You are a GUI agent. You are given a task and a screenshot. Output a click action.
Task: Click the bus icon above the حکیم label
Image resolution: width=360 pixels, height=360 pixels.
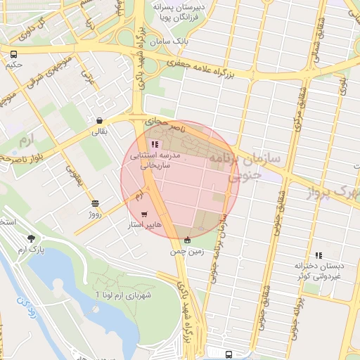click(13, 54)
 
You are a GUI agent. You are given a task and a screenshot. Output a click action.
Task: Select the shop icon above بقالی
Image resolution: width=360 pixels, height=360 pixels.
click(99, 120)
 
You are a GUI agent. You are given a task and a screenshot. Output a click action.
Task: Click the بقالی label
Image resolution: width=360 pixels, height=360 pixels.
click(98, 131)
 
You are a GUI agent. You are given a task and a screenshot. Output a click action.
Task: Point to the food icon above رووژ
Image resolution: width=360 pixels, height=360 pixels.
click(95, 203)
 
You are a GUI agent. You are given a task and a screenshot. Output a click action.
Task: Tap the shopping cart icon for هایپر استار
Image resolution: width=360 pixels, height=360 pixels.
click(144, 214)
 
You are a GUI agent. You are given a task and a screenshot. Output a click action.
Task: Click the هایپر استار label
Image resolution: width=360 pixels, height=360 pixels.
click(143, 225)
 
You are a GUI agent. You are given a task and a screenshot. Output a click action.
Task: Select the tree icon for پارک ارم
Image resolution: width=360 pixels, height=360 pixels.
click(30, 238)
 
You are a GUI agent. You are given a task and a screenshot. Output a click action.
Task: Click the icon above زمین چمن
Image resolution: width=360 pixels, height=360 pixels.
click(186, 240)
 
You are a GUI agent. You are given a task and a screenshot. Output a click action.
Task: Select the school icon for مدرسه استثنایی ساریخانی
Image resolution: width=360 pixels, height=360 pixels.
click(154, 143)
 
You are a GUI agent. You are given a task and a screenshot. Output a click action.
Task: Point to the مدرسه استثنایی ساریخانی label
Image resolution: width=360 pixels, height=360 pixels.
click(161, 160)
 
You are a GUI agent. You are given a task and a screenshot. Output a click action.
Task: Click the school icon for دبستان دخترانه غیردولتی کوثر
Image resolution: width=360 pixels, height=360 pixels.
click(319, 255)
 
